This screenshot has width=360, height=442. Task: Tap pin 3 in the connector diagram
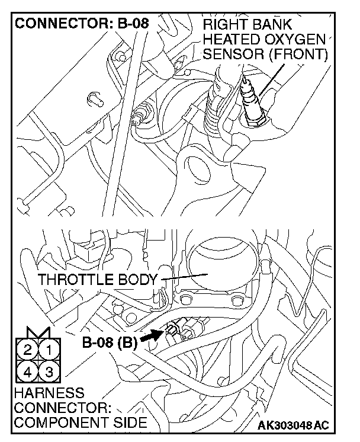pyautogui.click(x=49, y=372)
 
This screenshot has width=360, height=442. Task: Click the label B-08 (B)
pyautogui.click(x=110, y=342)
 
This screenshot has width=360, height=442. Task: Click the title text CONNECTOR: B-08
pyautogui.click(x=81, y=24)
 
